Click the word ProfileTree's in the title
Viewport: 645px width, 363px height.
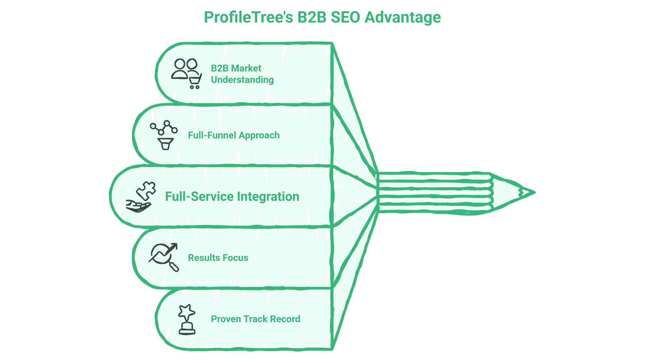pos(249,17)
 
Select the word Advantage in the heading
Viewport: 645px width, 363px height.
pos(402,17)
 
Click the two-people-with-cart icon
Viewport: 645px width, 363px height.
pos(186,73)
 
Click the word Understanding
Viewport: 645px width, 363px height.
pos(242,80)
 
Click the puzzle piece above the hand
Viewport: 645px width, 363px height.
pos(146,191)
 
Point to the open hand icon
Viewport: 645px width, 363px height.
pos(138,206)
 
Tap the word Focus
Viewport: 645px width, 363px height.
pos(235,258)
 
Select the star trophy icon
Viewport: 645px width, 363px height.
pos(187,319)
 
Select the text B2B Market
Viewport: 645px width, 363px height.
pos(236,68)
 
